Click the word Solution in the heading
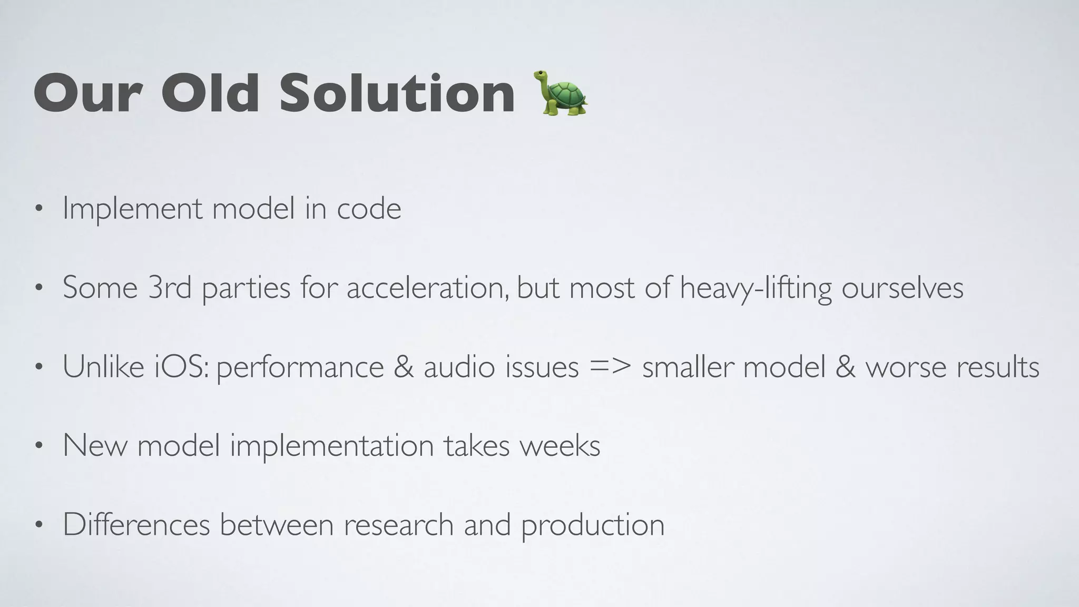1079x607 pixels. (x=397, y=93)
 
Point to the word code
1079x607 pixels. (x=369, y=209)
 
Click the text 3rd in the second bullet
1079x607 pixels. (x=170, y=288)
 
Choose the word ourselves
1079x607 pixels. (x=902, y=288)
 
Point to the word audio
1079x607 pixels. (x=459, y=367)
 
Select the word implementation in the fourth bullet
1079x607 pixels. (x=332, y=447)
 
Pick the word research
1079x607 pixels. (x=399, y=525)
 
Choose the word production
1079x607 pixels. (x=593, y=526)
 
